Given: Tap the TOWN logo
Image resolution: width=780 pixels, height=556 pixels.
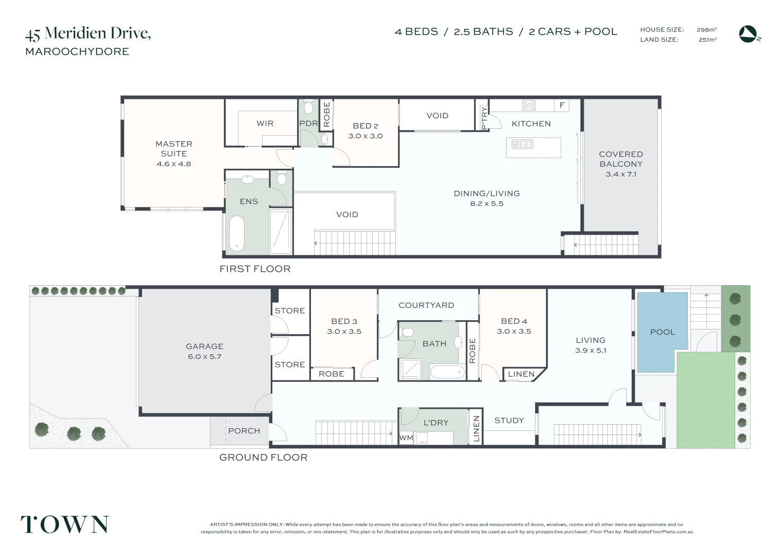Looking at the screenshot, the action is coord(65,524).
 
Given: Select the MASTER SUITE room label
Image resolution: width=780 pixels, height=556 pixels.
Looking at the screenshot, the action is coord(174,149).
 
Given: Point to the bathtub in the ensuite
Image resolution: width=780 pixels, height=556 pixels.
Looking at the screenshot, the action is coord(237,233).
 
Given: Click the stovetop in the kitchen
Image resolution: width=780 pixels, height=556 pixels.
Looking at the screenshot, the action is coord(529,105).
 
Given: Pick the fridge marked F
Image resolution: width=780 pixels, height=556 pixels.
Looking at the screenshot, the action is coord(562,105).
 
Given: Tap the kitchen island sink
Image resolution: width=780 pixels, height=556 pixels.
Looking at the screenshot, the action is coord(522,144).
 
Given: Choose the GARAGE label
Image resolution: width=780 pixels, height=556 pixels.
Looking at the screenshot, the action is coord(204,346).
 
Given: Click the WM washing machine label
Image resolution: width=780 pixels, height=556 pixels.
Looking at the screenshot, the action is coord(406,438).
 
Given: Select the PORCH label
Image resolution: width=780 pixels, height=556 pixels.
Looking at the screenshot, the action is coord(244,431).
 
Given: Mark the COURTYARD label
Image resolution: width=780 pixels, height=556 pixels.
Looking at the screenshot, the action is coord(426,305).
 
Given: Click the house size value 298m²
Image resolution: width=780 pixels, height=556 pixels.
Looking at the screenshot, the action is coord(706,29).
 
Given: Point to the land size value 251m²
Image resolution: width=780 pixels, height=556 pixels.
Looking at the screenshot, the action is coord(707,40).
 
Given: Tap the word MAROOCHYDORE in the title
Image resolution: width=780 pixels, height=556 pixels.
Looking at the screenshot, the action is coord(77,51).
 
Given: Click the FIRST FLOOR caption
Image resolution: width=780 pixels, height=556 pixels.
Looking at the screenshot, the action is coord(255,269).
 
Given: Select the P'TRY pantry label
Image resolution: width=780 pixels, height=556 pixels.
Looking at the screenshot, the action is coord(484,118).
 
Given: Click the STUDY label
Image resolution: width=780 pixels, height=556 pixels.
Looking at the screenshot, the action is coord(509,420).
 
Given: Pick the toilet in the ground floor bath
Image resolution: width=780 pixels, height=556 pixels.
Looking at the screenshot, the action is coord(407,332).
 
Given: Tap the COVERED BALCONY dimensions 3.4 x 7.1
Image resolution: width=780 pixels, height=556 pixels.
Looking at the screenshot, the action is coord(621,174).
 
